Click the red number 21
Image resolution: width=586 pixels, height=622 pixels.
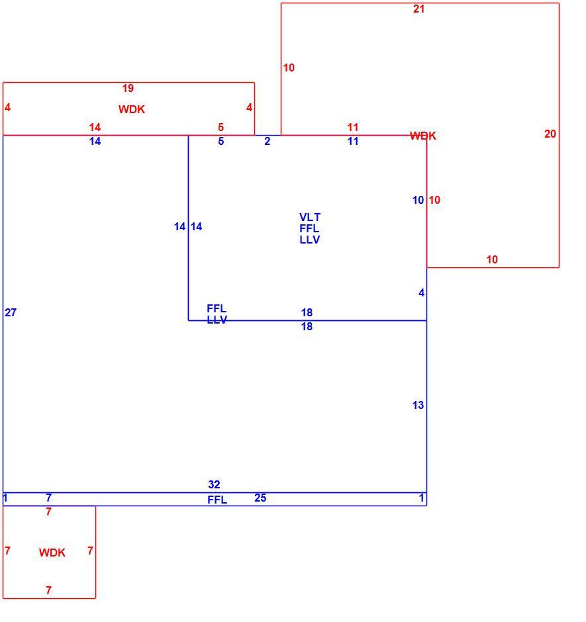[x=419, y=9]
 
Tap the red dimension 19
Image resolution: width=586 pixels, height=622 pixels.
[x=128, y=88]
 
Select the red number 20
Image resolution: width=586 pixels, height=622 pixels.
[x=550, y=134]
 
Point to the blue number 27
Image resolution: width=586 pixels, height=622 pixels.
[x=11, y=312]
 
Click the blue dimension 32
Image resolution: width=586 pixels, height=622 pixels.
[x=214, y=484]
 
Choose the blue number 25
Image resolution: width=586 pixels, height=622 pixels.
[x=260, y=498]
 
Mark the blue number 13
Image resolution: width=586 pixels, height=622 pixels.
[x=418, y=405]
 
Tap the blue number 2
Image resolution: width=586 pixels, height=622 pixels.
[x=268, y=141]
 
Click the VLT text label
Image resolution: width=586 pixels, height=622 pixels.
[x=310, y=218]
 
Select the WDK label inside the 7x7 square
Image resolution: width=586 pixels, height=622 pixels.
[x=52, y=553]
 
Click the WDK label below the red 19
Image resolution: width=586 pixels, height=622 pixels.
[x=131, y=109]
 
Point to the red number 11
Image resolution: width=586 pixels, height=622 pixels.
[x=352, y=127]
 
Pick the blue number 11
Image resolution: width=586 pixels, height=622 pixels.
[x=352, y=141]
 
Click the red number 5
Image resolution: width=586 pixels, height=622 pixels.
[x=220, y=127]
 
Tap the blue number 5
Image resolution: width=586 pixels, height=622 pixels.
[x=220, y=141]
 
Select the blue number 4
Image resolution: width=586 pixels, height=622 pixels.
[x=421, y=292]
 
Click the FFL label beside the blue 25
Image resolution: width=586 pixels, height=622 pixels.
[x=217, y=500]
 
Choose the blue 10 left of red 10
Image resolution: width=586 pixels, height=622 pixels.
[x=418, y=200]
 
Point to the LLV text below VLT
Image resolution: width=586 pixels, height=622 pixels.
[x=310, y=240]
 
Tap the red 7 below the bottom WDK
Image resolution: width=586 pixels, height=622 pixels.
[x=48, y=590]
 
